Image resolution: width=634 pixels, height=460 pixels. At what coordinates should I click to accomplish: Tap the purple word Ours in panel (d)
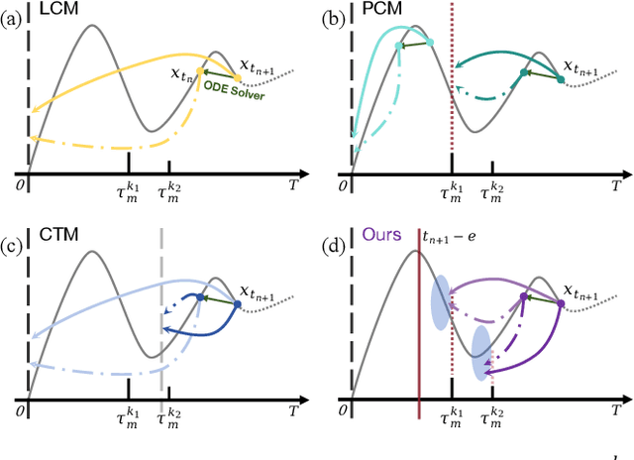(x=382, y=235)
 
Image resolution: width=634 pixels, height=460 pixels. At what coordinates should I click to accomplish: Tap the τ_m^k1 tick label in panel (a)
(x=129, y=194)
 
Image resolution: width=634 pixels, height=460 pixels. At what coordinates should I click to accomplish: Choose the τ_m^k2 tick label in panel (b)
(x=492, y=194)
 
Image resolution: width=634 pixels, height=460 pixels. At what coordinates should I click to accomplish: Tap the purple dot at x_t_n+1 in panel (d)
(x=562, y=304)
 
